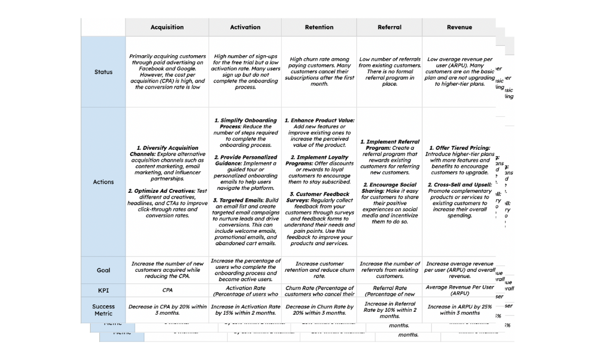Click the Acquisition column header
167,27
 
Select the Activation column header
245,27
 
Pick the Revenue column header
459,27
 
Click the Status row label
103,72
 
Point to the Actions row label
103,182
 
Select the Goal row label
103,270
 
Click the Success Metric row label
103,309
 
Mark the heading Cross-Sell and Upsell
463,185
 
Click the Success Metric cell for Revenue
459,309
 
